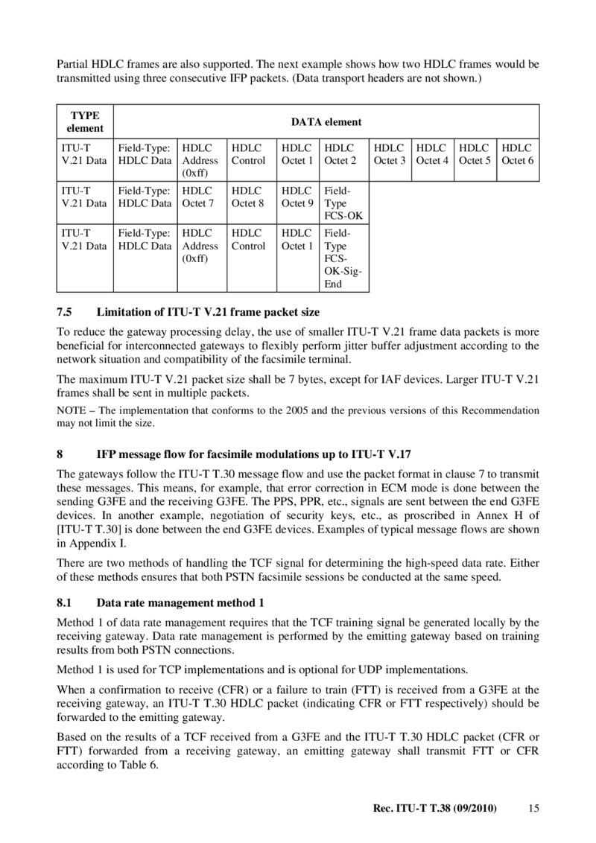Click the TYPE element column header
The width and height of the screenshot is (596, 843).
point(86,121)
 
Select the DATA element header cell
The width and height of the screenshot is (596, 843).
point(326,121)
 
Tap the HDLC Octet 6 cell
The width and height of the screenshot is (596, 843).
point(518,154)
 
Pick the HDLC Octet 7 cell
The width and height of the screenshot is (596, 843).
point(200,197)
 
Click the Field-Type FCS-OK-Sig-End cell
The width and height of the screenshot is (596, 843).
point(343,258)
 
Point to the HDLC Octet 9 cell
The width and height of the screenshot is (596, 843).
point(297,197)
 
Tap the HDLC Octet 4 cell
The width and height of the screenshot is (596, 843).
point(432,154)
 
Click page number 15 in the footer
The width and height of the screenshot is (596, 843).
point(533,808)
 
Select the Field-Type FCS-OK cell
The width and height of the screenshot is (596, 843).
point(343,203)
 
